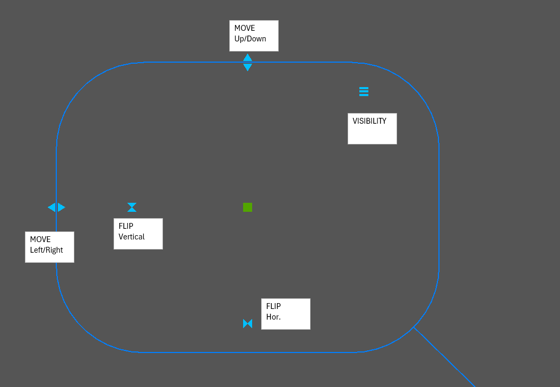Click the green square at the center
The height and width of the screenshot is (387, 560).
pyautogui.click(x=247, y=207)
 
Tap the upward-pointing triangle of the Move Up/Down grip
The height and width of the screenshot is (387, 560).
pyautogui.click(x=247, y=57)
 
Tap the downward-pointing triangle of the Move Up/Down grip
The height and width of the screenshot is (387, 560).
pyautogui.click(x=247, y=67)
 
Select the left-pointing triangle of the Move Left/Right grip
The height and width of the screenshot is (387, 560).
pyautogui.click(x=51, y=207)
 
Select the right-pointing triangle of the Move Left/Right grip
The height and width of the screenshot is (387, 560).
pyautogui.click(x=62, y=207)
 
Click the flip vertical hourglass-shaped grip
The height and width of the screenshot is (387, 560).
pyautogui.click(x=132, y=207)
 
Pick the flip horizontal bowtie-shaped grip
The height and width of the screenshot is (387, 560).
pyautogui.click(x=247, y=323)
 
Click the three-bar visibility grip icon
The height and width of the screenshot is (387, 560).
pyautogui.click(x=364, y=91)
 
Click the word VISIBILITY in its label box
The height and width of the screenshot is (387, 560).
pyautogui.click(x=369, y=121)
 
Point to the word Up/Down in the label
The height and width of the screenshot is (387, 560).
pyautogui.click(x=250, y=39)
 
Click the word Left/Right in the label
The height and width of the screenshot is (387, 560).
pyautogui.click(x=46, y=250)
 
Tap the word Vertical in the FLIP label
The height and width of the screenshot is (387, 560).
pyautogui.click(x=132, y=237)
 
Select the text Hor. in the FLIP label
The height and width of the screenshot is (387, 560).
pyautogui.click(x=273, y=317)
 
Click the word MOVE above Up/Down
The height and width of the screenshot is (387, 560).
pyautogui.click(x=245, y=28)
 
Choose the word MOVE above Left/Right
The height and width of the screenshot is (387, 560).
pyautogui.click(x=40, y=239)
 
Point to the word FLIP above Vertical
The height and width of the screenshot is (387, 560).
pyautogui.click(x=126, y=226)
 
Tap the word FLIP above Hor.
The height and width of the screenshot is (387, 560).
pyautogui.click(x=273, y=306)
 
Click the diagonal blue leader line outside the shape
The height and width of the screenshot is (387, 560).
pyautogui.click(x=446, y=358)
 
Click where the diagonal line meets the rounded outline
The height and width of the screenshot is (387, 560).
pyautogui.click(x=413, y=327)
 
